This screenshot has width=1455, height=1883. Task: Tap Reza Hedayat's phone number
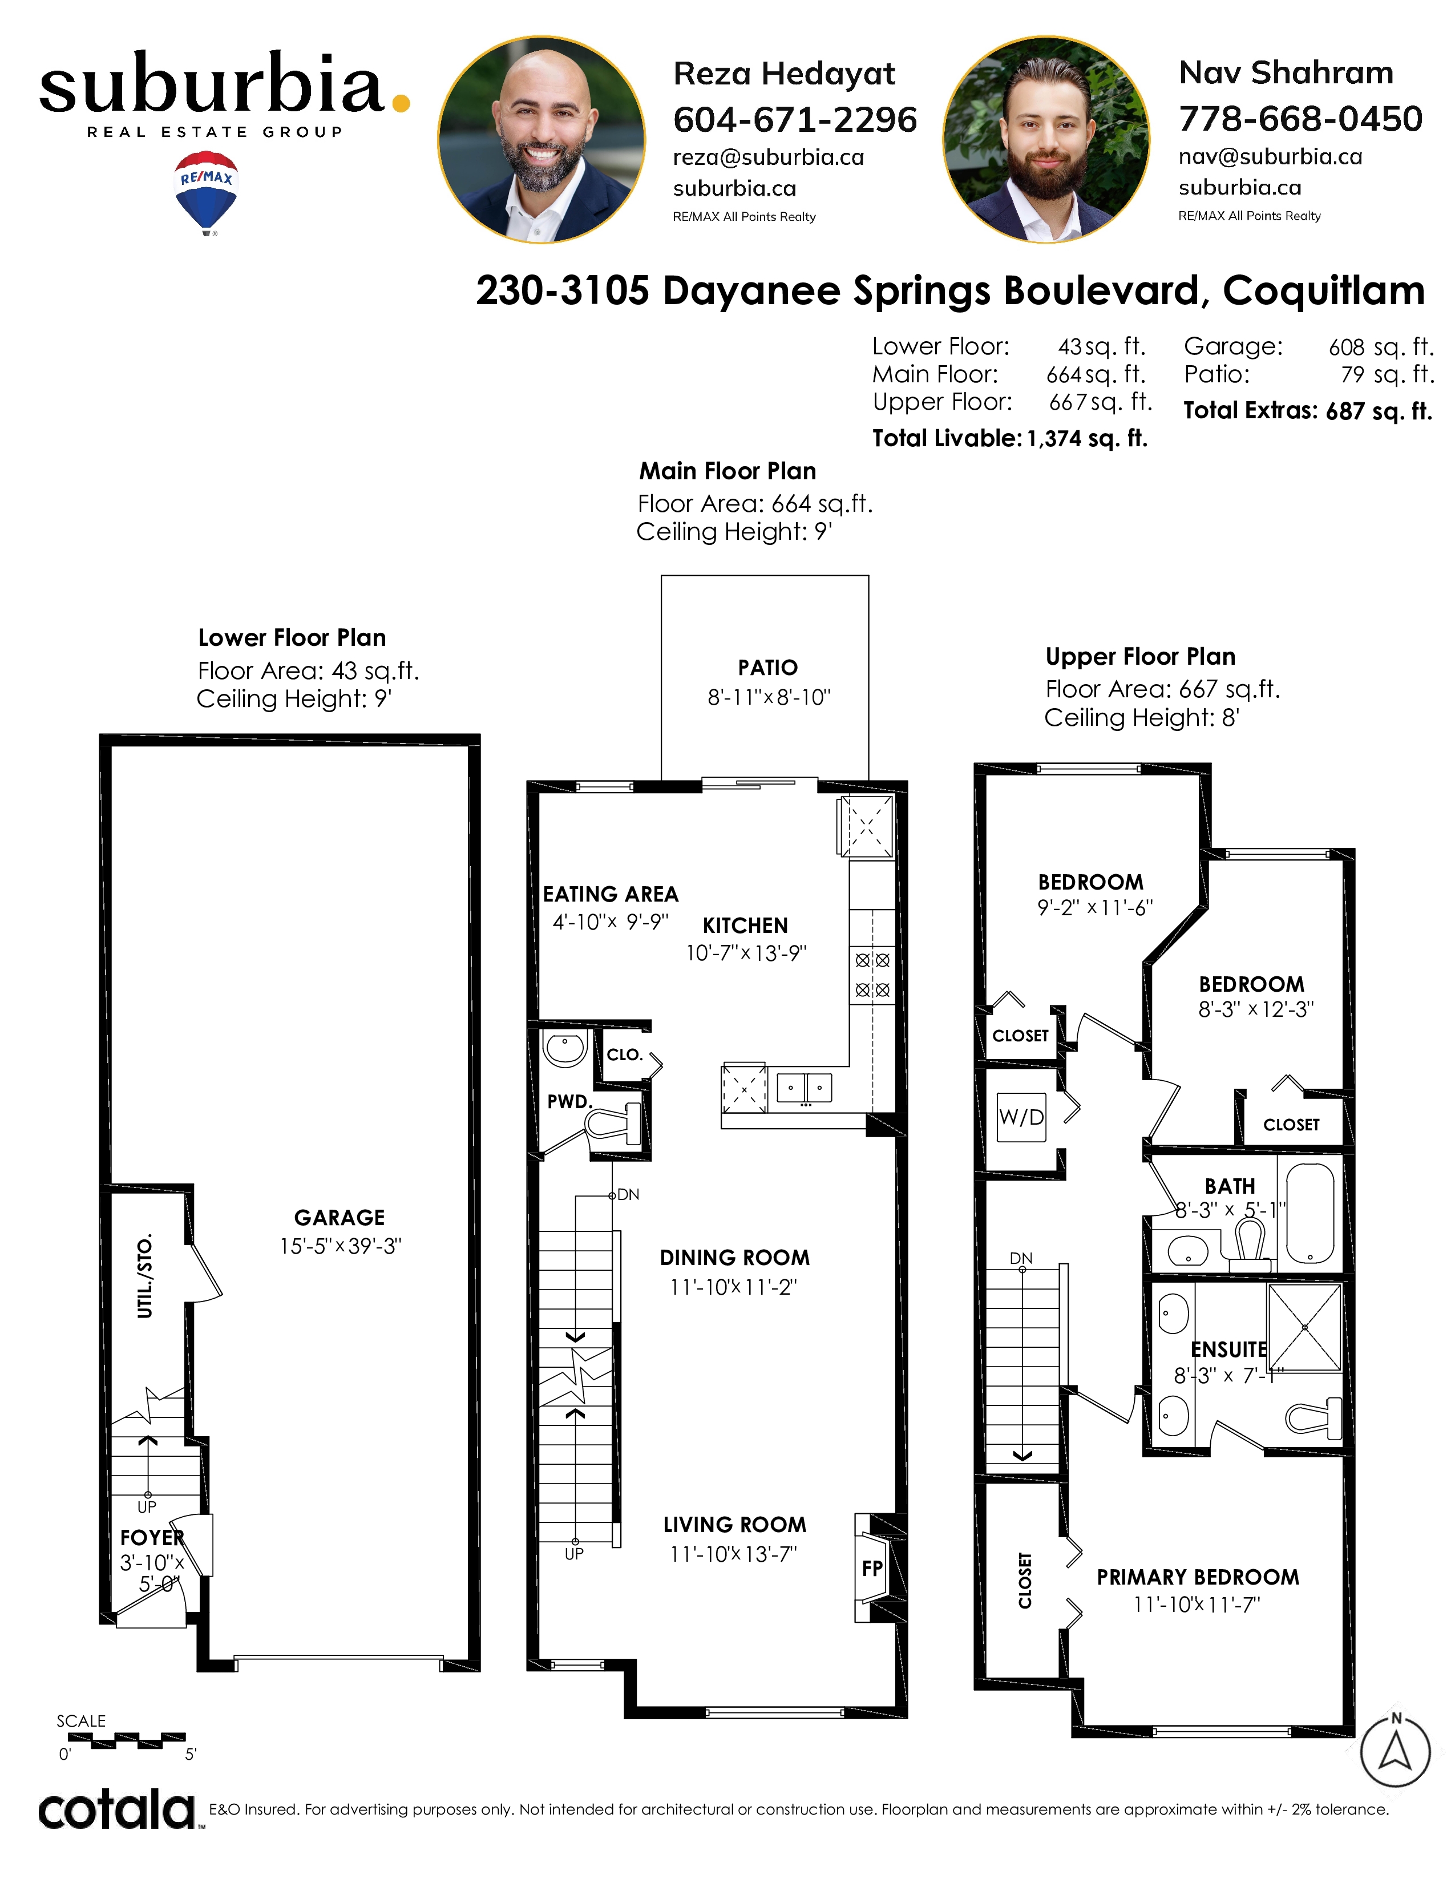coord(795,119)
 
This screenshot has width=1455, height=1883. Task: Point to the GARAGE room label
coord(339,1218)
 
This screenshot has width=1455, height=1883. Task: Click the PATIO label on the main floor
coord(767,668)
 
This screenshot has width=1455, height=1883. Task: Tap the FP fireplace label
coord(871,1568)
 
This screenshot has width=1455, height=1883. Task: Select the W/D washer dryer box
coord(1021,1117)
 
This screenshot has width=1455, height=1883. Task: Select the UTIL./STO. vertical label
coord(145,1275)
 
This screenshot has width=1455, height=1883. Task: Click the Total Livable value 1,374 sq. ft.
coord(1087,439)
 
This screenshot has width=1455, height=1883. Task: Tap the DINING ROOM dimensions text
coord(734,1286)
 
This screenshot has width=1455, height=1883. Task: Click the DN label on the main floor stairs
coord(628,1194)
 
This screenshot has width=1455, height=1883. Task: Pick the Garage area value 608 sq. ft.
coord(1381,346)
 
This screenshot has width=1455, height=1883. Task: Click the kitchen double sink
coord(804,1088)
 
